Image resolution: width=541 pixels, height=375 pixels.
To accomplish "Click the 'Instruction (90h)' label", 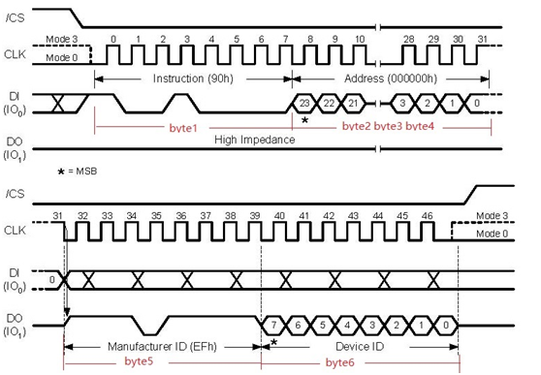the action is pyautogui.click(x=193, y=79).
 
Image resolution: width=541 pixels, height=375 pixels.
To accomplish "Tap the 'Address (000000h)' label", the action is pyautogui.click(x=391, y=79).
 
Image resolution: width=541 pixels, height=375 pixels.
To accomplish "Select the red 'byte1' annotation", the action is pyautogui.click(x=183, y=128).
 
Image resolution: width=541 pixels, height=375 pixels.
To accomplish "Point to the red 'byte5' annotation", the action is pyautogui.click(x=139, y=361).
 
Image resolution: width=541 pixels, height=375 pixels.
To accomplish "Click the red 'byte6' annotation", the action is pyautogui.click(x=340, y=362).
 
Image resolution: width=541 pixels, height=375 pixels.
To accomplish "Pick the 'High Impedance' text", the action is pyautogui.click(x=255, y=140).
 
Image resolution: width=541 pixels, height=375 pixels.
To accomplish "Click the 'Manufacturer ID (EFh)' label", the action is pyautogui.click(x=162, y=346).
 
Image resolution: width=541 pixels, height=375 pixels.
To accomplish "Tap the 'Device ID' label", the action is pyautogui.click(x=360, y=346).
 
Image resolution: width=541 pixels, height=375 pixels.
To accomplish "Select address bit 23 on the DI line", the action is pyautogui.click(x=304, y=103).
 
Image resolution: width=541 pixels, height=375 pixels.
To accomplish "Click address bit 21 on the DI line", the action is pyautogui.click(x=353, y=103).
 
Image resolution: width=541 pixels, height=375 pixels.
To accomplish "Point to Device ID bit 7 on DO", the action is pyautogui.click(x=273, y=325).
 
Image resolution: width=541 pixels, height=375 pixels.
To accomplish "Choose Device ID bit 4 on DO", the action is pyautogui.click(x=347, y=325).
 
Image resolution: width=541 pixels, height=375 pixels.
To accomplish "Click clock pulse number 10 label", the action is pyautogui.click(x=360, y=40).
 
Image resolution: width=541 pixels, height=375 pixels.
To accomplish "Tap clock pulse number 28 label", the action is pyautogui.click(x=409, y=40).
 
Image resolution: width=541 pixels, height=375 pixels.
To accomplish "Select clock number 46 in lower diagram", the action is pyautogui.click(x=428, y=216).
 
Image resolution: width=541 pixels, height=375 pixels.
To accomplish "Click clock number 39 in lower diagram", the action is pyautogui.click(x=255, y=216).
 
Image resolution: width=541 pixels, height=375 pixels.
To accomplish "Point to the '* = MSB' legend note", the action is pyautogui.click(x=78, y=172).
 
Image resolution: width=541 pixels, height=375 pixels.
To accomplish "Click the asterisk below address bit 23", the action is pyautogui.click(x=304, y=120).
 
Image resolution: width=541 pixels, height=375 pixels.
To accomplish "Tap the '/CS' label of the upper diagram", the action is pyautogui.click(x=16, y=18).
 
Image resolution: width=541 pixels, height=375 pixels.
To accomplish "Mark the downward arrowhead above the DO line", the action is pyautogui.click(x=67, y=312).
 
